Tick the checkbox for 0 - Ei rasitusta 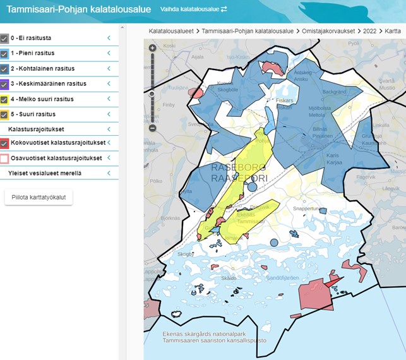(4, 38)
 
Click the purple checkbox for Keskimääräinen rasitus (4, 83)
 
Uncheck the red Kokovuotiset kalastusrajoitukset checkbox (4, 143)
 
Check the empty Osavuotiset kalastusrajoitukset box (4, 158)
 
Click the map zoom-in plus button (152, 48)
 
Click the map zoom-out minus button (152, 128)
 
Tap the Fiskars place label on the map (285, 100)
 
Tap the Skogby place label (186, 254)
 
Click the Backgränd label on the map (335, 91)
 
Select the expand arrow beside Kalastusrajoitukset (109, 129)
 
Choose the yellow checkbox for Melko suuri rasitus (4, 99)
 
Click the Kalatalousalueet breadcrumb (171, 30)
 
